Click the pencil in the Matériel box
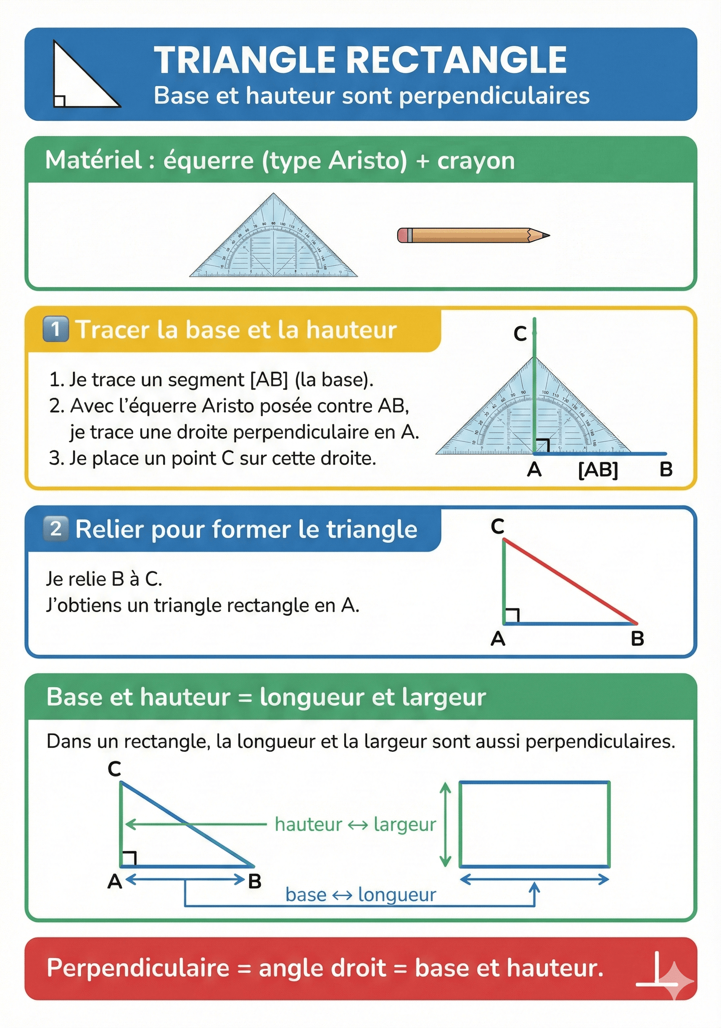(472, 235)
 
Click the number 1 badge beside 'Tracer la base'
(55, 329)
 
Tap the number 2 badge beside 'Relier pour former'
(55, 528)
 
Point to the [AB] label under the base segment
(598, 470)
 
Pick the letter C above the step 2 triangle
(497, 526)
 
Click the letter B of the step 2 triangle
(637, 638)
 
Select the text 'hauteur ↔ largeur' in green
(355, 824)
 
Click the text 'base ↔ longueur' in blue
(360, 894)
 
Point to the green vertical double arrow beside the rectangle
(445, 824)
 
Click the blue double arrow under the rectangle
(534, 879)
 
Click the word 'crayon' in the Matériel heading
(476, 161)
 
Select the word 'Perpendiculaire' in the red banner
(138, 968)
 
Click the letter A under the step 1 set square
(534, 470)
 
